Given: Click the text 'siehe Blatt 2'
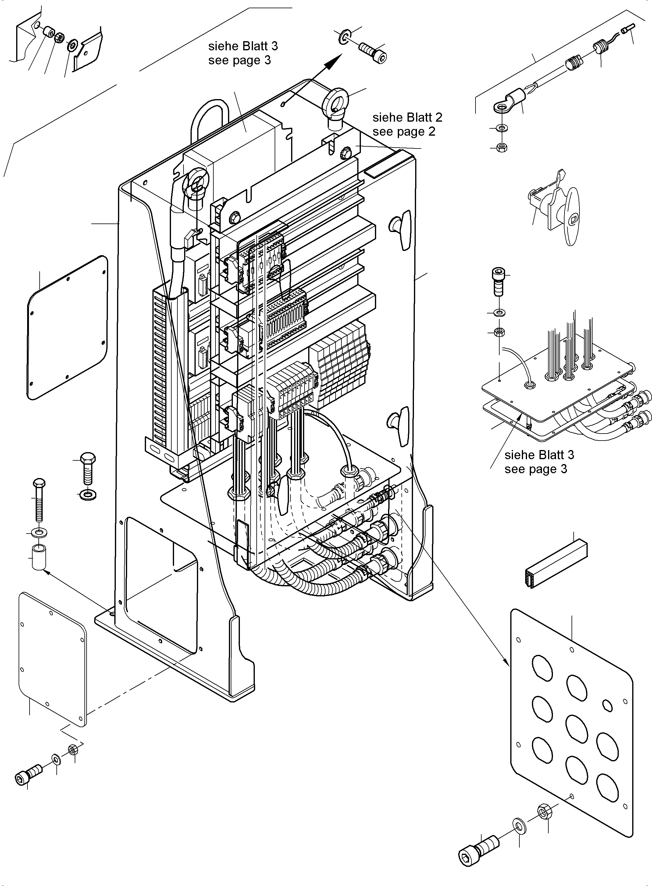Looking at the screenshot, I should click(x=407, y=118).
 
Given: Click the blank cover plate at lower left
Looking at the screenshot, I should click(x=52, y=659).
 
